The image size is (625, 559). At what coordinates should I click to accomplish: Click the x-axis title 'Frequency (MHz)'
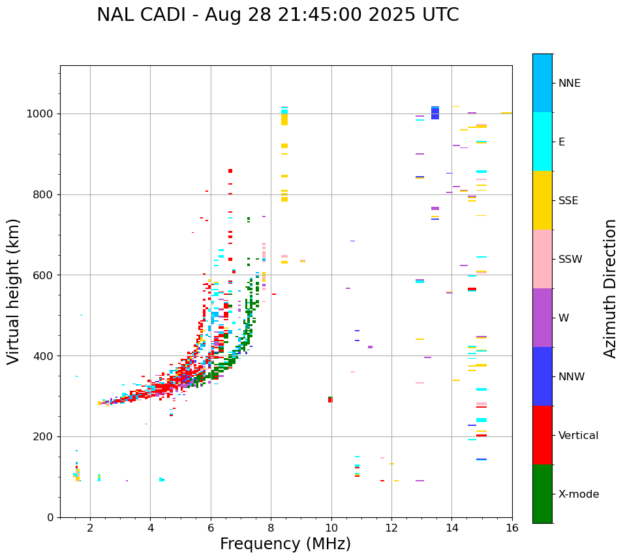[x=285, y=544]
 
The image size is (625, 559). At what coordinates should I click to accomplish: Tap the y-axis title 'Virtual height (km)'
[x=14, y=292]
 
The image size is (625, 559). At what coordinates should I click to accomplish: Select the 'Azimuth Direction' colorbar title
[x=610, y=288]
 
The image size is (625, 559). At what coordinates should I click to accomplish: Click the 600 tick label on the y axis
[x=43, y=275]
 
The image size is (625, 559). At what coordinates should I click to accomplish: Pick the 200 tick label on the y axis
[x=43, y=437]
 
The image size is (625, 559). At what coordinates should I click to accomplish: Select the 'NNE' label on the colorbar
[x=569, y=83]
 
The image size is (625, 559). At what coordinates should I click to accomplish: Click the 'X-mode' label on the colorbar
[x=578, y=494]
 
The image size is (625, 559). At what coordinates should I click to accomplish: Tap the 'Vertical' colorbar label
[x=578, y=436]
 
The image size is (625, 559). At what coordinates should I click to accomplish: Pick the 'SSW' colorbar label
[x=570, y=260]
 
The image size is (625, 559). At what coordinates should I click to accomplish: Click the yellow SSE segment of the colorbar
[x=542, y=200]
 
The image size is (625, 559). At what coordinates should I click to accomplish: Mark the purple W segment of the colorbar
[x=542, y=318]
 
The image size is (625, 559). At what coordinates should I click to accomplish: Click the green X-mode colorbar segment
[x=542, y=494]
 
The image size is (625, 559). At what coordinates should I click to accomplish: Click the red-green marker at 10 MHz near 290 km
[x=330, y=399]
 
